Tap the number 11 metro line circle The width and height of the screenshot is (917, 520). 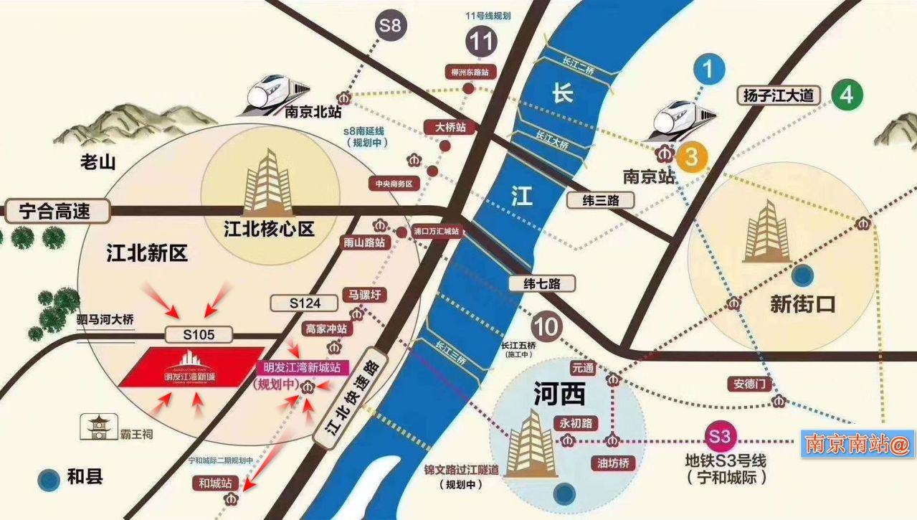click(482, 42)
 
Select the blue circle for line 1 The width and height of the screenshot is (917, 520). click(708, 70)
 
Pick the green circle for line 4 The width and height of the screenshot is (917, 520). click(847, 95)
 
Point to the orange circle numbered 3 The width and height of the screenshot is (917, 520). click(691, 157)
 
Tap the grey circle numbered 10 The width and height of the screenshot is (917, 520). click(546, 327)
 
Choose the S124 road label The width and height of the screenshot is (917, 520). click(305, 303)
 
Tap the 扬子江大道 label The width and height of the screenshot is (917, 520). click(779, 95)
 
